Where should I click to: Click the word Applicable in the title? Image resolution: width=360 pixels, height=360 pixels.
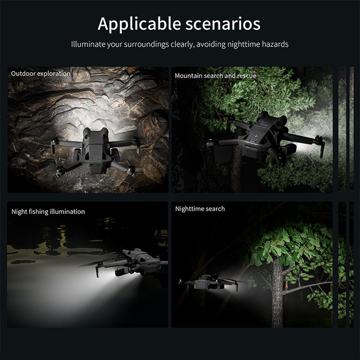point(139,24)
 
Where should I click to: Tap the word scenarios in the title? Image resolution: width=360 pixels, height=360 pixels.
point(223,24)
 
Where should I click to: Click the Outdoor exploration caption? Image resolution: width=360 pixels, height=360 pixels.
point(41,73)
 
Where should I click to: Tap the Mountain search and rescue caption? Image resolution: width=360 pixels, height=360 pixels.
point(215,76)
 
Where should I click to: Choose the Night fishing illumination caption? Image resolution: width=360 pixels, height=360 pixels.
point(48,211)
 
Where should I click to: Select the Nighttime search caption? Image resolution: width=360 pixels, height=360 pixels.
point(200,209)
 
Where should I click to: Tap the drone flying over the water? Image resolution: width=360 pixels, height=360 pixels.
point(131,263)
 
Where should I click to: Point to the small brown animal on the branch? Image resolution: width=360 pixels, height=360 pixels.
point(285,285)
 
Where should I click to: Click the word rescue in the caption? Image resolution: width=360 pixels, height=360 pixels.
point(246,76)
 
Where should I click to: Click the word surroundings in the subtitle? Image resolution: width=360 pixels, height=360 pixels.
point(146,44)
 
